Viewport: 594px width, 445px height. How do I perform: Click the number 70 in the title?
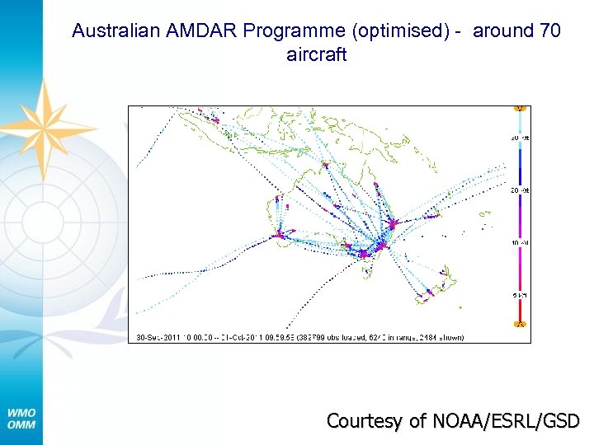549,31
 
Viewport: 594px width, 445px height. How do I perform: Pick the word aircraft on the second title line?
316,55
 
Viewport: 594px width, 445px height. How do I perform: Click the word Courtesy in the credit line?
362,421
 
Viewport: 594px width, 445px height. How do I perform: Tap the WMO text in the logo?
21,412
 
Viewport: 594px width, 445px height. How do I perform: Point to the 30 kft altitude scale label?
521,138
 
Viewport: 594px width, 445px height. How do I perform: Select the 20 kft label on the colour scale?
521,190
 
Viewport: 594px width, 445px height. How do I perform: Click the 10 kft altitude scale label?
521,243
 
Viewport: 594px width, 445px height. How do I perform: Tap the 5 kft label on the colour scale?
521,295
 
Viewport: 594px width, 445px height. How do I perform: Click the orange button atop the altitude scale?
520,108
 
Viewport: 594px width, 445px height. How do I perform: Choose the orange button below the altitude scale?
520,325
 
